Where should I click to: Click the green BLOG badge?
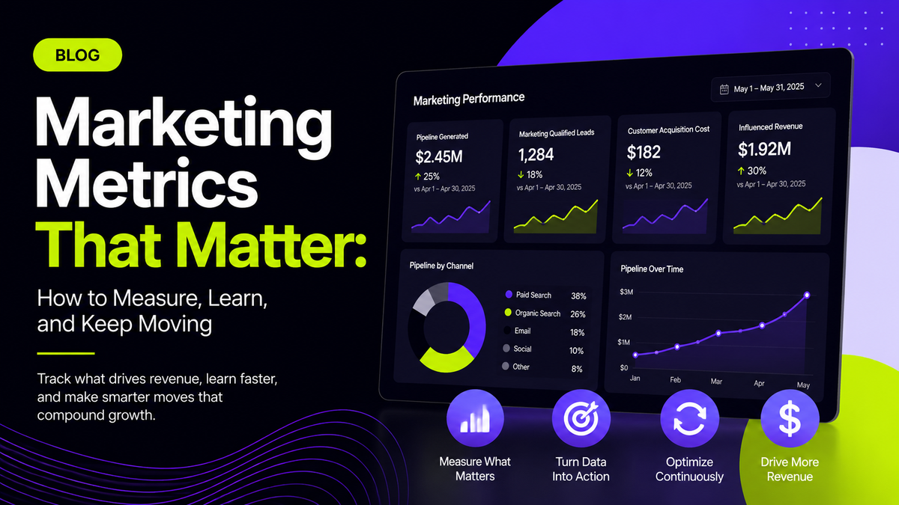(77, 55)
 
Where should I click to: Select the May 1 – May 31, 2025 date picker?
(770, 88)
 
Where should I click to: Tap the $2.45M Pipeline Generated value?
(439, 156)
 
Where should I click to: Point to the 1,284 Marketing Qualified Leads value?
(536, 154)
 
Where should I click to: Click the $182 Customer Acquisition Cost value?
(644, 152)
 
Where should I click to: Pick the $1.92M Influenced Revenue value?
(764, 149)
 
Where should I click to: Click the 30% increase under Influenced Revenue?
(751, 171)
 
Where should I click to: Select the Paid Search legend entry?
(528, 295)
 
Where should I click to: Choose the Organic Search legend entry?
(532, 313)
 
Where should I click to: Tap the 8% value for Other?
(577, 369)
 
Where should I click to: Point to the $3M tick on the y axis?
(626, 292)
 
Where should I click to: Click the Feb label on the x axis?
(675, 379)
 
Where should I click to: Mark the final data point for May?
(807, 296)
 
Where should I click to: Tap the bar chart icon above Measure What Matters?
(475, 418)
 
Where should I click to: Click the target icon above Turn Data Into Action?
(581, 418)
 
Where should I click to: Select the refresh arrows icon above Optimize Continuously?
(689, 418)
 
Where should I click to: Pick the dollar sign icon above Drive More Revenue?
(790, 418)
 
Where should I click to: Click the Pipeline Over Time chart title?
(652, 269)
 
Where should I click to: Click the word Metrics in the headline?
(147, 183)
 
